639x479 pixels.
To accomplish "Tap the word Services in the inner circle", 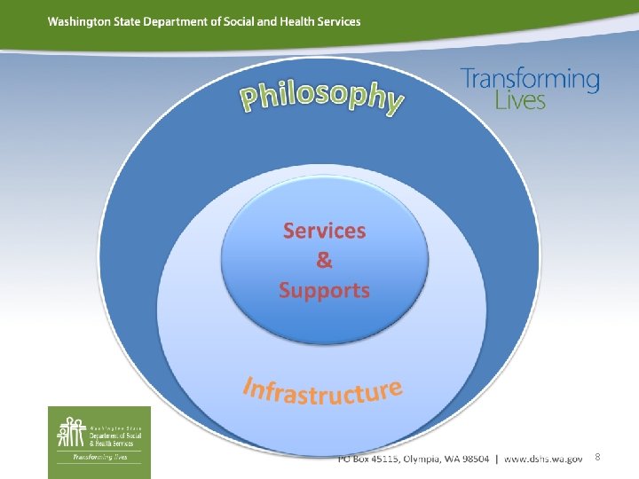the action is [324, 231].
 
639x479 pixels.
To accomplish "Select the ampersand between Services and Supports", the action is [324, 260].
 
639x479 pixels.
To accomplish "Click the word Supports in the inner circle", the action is [324, 290].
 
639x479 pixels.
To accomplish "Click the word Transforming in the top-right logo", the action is [530, 80].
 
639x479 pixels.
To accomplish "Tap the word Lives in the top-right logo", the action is [520, 99].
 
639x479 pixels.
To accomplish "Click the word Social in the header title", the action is [238, 21].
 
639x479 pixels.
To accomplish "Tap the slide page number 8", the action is [597, 457].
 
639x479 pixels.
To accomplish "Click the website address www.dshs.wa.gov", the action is [543, 459].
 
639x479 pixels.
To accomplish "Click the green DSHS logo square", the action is [99, 435].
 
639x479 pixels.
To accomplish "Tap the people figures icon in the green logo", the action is [71, 432].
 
